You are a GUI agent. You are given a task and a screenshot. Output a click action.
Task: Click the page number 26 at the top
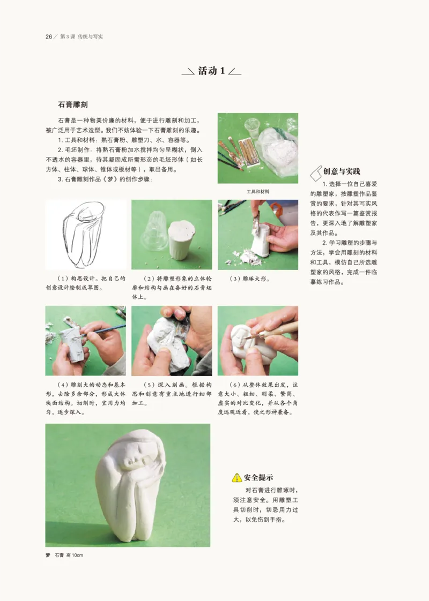pyautogui.click(x=48, y=36)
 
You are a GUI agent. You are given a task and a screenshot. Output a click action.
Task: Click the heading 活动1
pyautogui.click(x=211, y=71)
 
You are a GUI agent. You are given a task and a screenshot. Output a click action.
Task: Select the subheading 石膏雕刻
pyautogui.click(x=73, y=105)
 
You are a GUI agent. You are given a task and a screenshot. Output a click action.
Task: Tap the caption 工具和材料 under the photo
pyautogui.click(x=257, y=191)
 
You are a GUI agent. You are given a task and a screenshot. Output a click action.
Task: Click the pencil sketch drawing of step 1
pyautogui.click(x=85, y=234)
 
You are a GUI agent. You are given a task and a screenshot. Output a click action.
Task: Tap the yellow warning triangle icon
pyautogui.click(x=236, y=477)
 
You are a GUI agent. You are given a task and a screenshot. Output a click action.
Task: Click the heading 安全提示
pyautogui.click(x=259, y=477)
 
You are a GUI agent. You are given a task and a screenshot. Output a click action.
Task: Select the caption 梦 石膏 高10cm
pyautogui.click(x=64, y=555)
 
